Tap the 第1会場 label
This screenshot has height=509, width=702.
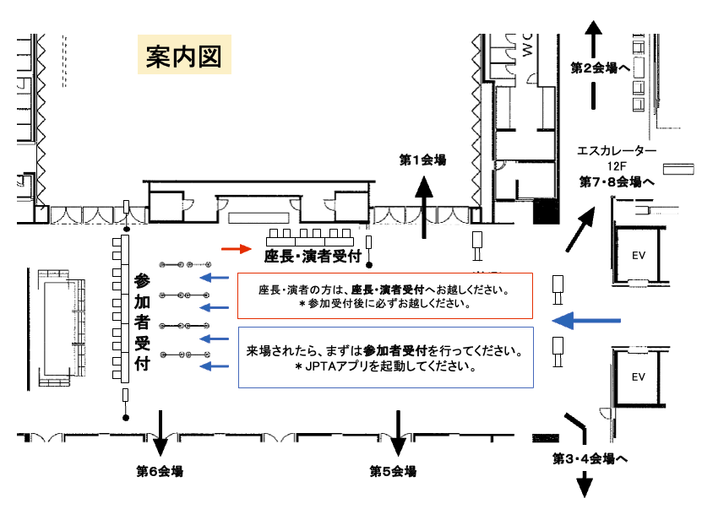point(422,160)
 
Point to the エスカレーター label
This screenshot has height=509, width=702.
point(617,151)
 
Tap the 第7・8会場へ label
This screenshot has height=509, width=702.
point(617,181)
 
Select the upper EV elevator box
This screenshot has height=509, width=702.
point(638,253)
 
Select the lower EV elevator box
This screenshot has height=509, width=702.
point(638,376)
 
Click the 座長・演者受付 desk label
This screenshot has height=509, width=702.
point(313,255)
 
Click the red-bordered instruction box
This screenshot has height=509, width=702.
point(384,296)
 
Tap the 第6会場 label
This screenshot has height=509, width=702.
point(160,471)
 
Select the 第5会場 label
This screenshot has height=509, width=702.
point(393,471)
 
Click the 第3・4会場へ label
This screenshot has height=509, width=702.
point(590,458)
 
